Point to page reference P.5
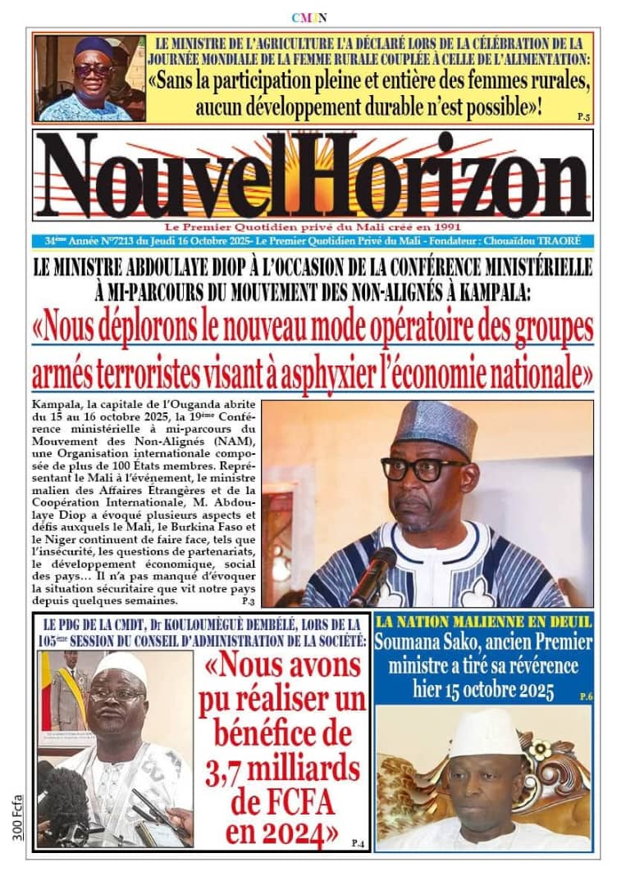tap(583, 117)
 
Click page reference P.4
tap(357, 842)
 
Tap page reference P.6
tap(585, 697)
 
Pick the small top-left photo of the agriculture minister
tap(89, 79)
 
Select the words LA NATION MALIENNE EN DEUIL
tap(482, 623)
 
